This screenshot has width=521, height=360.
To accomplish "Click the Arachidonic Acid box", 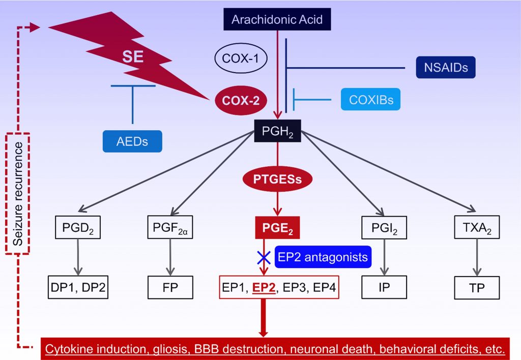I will [277, 20].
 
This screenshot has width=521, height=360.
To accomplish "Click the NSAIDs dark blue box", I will [446, 67].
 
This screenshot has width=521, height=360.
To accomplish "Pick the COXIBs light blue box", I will [370, 99].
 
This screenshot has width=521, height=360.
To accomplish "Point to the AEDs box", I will [132, 141].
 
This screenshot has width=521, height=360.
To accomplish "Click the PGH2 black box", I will [277, 133].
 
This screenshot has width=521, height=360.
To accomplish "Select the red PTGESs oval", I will [277, 178].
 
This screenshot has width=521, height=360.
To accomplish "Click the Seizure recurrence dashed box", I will [18, 193].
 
